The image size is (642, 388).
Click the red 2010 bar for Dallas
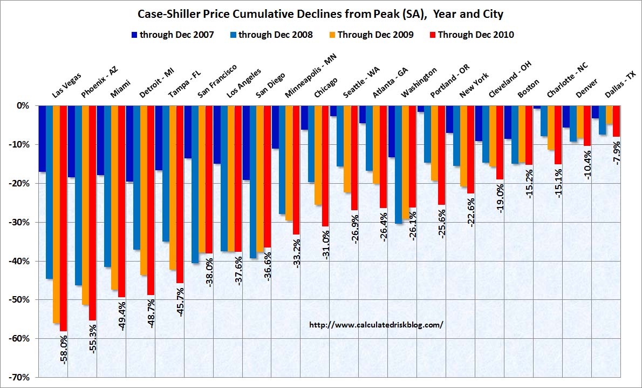616,121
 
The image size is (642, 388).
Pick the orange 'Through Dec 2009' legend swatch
332,35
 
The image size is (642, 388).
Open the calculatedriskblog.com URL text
376,325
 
